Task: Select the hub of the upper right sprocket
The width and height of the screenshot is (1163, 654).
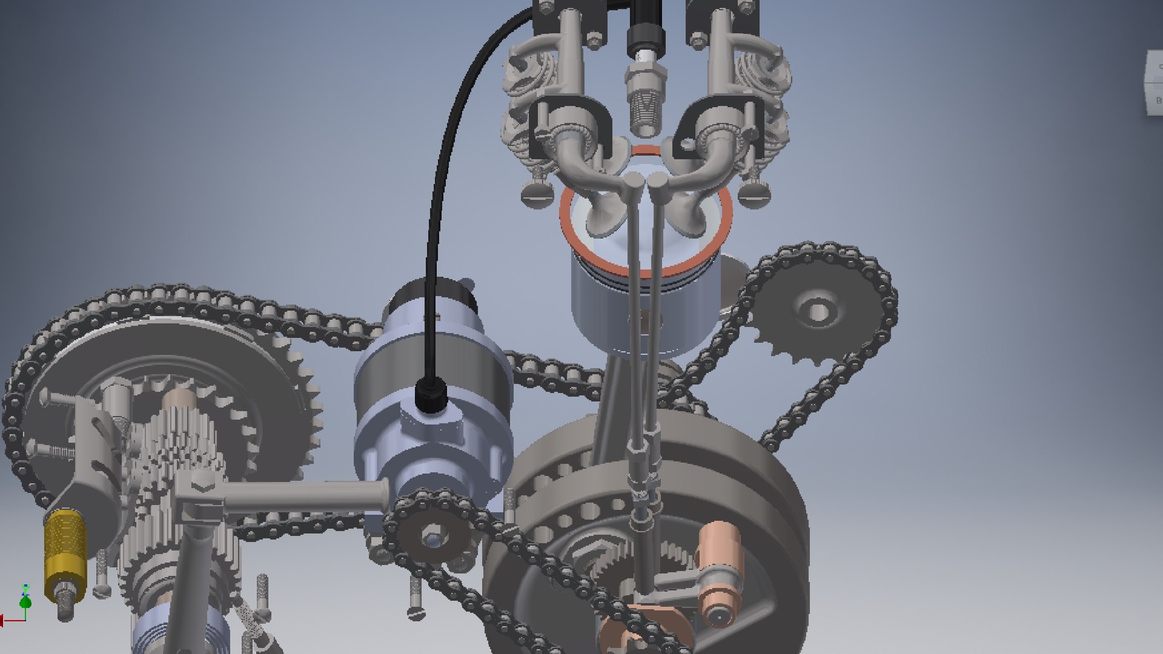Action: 818,312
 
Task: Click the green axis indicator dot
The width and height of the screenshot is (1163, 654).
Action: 25,603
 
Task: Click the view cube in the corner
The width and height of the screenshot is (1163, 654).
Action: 1153,82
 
